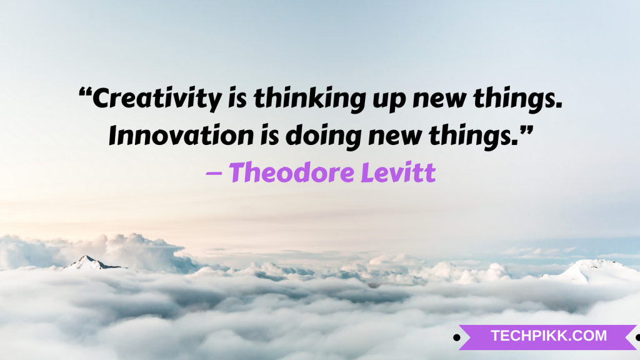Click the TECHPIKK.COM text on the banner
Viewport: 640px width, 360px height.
coord(548,336)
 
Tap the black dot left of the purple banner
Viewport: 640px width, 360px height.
coord(456,337)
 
